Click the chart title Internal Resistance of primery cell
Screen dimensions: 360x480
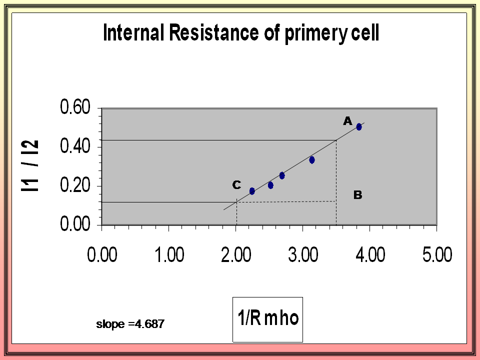pyautogui.click(x=240, y=33)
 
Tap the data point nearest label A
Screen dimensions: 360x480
pyautogui.click(x=359, y=126)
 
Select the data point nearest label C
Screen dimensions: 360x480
pyautogui.click(x=252, y=191)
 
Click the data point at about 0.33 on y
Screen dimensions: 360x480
pyautogui.click(x=312, y=160)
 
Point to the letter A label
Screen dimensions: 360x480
pyautogui.click(x=347, y=120)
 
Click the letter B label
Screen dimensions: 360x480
pyautogui.click(x=357, y=195)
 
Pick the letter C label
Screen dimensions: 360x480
pyautogui.click(x=236, y=185)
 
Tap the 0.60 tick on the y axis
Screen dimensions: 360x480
pyautogui.click(x=75, y=107)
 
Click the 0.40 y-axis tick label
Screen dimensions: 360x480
pyautogui.click(x=75, y=146)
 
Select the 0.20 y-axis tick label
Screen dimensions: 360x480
pyautogui.click(x=75, y=186)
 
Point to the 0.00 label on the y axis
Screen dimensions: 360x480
pyautogui.click(x=75, y=225)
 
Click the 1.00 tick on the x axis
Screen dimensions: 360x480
pyautogui.click(x=169, y=255)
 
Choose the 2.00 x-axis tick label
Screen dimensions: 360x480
pyautogui.click(x=236, y=255)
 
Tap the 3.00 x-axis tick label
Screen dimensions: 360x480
pyautogui.click(x=303, y=255)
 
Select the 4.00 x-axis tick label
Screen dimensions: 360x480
pyautogui.click(x=370, y=255)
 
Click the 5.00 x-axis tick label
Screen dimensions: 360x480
pyautogui.click(x=437, y=255)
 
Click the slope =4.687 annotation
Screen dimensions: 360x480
pyautogui.click(x=130, y=324)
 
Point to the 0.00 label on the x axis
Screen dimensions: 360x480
pyautogui.click(x=102, y=255)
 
